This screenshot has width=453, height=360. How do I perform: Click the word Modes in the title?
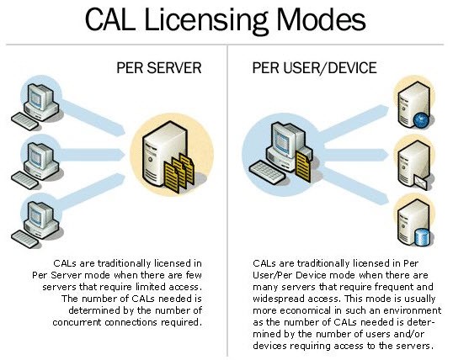tap(322, 19)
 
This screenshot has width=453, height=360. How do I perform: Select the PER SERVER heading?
tap(159, 68)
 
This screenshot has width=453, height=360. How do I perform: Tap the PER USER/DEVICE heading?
tap(314, 68)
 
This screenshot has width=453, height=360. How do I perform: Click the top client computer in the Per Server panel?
tap(36, 107)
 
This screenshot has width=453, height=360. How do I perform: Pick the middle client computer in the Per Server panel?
tap(36, 166)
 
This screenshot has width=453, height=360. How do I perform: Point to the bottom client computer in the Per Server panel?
tap(36, 225)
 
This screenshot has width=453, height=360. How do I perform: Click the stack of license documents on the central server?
tap(179, 173)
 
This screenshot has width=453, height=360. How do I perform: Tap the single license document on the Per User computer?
tap(303, 167)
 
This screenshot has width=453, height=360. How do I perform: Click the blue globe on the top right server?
tap(421, 120)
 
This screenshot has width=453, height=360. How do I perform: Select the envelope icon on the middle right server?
tap(421, 183)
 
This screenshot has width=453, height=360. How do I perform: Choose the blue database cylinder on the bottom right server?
tap(422, 236)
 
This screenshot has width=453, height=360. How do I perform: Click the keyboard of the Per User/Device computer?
tap(267, 172)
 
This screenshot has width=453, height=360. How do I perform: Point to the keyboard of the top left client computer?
tap(24, 121)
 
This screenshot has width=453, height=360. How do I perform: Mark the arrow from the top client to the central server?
tap(93, 117)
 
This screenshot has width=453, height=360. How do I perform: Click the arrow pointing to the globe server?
tap(354, 124)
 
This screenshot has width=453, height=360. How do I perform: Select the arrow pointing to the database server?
tap(354, 185)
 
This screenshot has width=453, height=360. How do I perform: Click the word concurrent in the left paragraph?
tap(77, 322)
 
